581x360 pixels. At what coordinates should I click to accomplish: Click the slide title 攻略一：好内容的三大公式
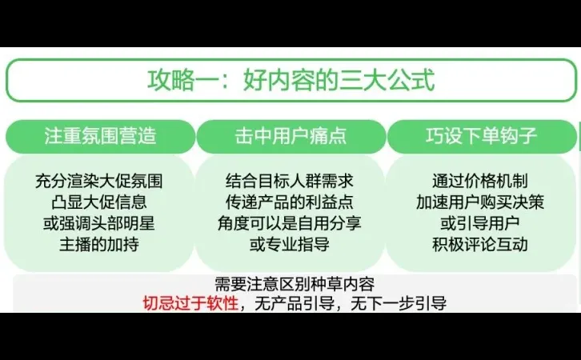tap(291, 82)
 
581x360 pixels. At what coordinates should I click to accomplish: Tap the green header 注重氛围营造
tap(100, 136)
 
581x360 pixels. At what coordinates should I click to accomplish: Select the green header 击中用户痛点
tap(290, 136)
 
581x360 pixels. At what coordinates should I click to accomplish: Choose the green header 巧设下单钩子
tap(481, 136)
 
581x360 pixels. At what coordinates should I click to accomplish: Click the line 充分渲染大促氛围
tap(100, 182)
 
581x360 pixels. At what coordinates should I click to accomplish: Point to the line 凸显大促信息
tap(100, 202)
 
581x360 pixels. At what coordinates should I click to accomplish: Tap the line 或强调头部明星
tap(100, 223)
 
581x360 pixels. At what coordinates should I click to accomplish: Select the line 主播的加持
tap(100, 244)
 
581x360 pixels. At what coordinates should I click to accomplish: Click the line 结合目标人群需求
tap(290, 182)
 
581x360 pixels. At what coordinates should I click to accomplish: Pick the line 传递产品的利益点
tap(290, 202)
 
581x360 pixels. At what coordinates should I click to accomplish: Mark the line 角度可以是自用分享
tap(290, 223)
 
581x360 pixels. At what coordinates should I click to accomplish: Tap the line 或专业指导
tap(290, 244)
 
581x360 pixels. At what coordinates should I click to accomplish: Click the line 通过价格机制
tap(480, 182)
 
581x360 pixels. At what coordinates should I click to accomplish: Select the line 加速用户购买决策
tap(480, 202)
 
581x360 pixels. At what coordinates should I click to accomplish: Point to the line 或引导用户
tap(480, 223)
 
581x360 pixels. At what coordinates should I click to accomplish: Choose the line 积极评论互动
tap(480, 244)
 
